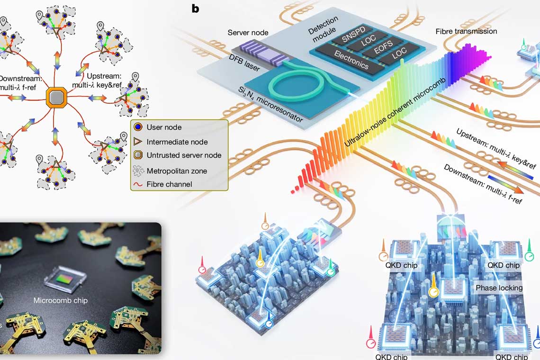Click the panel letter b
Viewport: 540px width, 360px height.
pyautogui.click(x=195, y=9)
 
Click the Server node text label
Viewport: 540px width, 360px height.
pyautogui.click(x=248, y=33)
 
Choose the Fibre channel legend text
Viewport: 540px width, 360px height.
pyautogui.click(x=169, y=184)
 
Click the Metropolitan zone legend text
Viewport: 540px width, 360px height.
pyautogui.click(x=177, y=171)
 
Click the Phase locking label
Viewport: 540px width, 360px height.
pyautogui.click(x=499, y=288)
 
